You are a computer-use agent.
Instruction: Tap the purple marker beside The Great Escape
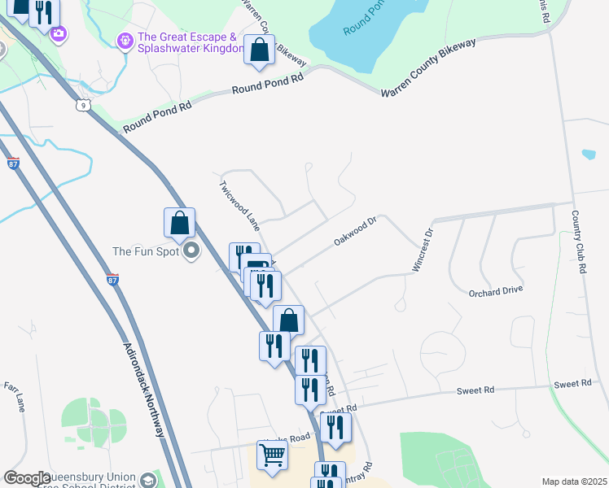click(125, 40)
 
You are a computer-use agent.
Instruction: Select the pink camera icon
click(58, 33)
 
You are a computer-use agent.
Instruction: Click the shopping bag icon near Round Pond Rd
click(259, 50)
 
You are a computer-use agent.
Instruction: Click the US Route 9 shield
click(82, 105)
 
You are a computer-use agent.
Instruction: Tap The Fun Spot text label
click(143, 251)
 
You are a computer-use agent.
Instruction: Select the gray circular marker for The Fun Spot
click(191, 251)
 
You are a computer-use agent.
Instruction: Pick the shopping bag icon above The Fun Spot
click(179, 223)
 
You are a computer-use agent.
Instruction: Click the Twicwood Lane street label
click(239, 203)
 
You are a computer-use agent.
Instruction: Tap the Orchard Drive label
click(495, 290)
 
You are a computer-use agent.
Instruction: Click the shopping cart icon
click(272, 455)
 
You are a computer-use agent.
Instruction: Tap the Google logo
click(28, 478)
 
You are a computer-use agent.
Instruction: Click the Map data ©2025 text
click(574, 481)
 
